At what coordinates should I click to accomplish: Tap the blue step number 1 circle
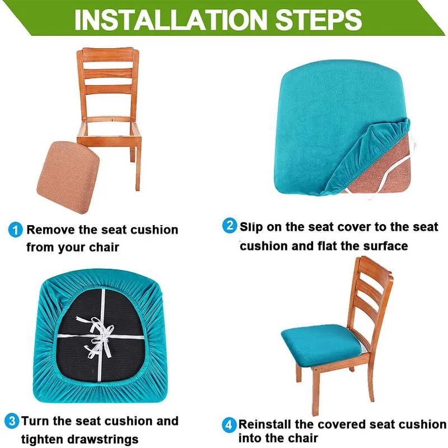[16, 230]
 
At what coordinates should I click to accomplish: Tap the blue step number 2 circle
[230, 226]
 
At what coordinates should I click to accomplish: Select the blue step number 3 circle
[12, 421]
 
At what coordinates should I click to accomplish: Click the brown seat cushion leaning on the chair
[72, 165]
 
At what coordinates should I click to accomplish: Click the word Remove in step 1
[48, 230]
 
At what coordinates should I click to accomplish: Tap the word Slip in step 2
[251, 227]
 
